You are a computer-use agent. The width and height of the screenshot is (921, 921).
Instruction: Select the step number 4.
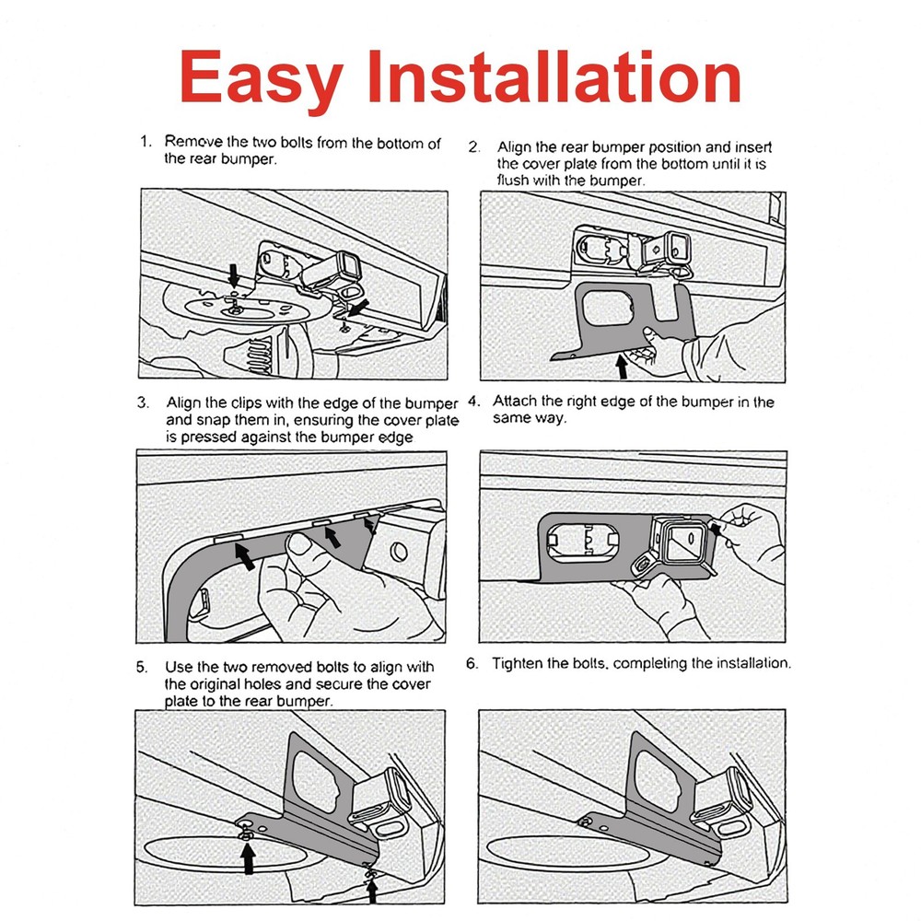[473, 402]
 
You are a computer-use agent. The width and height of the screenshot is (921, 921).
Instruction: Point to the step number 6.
[472, 664]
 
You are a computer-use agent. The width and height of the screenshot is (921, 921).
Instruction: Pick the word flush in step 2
[513, 181]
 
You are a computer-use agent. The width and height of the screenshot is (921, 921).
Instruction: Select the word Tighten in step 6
[518, 664]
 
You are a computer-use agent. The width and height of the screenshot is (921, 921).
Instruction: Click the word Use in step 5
[178, 667]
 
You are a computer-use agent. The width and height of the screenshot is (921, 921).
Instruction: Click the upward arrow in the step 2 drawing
[622, 366]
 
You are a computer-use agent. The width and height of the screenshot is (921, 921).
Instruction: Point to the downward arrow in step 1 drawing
[234, 274]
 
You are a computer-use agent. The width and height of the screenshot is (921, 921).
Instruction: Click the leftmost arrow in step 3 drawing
[244, 556]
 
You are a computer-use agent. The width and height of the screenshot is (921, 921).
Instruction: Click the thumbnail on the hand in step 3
[301, 544]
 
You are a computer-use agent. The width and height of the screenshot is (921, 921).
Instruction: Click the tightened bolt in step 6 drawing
[585, 822]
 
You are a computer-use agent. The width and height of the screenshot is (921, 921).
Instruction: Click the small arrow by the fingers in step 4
[715, 529]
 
